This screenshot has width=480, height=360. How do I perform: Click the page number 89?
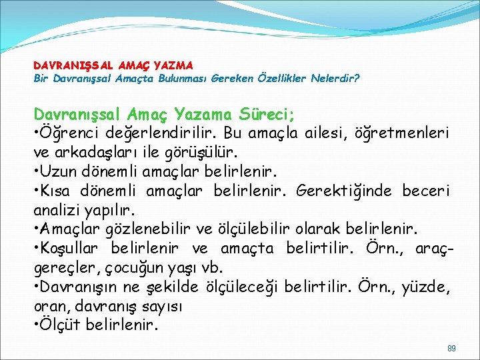pos(451,348)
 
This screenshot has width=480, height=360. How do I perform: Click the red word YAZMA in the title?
pos(173,65)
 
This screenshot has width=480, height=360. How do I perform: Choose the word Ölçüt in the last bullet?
pos(61,326)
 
